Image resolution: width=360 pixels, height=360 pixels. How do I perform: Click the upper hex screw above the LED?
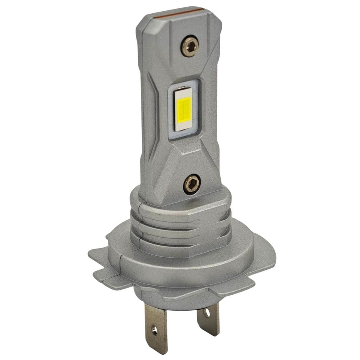[x=190, y=46]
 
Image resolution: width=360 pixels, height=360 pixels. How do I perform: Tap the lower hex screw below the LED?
[x=192, y=184]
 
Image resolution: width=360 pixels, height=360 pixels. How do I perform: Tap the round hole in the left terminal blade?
[x=154, y=329]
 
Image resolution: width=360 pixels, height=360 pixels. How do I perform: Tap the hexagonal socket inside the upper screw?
[x=190, y=46]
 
